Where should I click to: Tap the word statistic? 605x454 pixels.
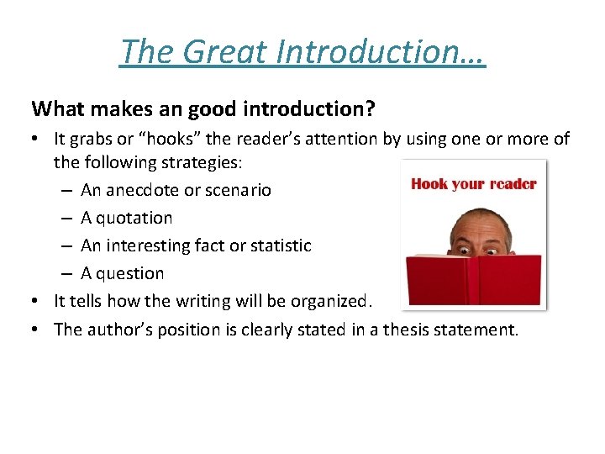(277, 245)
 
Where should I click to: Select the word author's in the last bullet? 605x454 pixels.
(113, 329)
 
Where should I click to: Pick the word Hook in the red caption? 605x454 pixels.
(429, 183)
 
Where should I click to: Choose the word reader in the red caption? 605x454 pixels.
(509, 183)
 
